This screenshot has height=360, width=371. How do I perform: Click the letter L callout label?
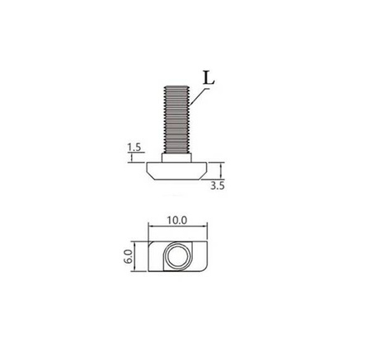[208, 80]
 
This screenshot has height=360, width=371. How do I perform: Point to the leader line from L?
[198, 95]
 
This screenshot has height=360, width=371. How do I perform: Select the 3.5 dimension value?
[218, 187]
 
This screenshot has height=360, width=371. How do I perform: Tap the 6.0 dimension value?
[128, 257]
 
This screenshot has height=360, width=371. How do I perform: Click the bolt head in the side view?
[178, 172]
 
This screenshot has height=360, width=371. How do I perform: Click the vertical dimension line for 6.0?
[138, 257]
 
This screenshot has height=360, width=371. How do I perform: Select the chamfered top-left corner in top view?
[153, 245]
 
